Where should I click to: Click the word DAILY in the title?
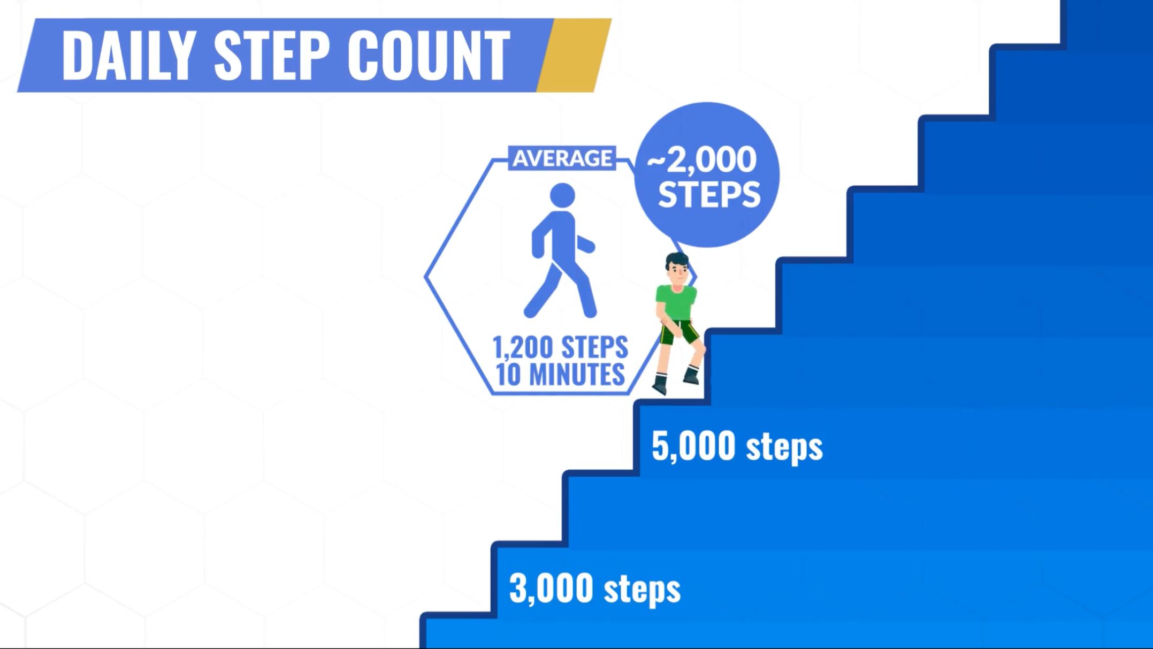pos(127,55)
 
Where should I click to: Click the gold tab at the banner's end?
pos(574,55)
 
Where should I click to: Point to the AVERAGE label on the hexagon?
pos(562,158)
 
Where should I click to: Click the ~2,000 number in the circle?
pos(701,159)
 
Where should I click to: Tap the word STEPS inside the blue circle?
pos(709,194)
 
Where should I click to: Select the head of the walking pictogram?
pos(562,195)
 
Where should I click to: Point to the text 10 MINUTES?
pos(560,374)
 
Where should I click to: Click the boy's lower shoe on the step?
pos(659,385)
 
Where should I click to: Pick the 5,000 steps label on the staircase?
pos(737,447)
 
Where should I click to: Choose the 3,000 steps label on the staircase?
pos(594,589)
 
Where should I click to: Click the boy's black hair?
pos(677,262)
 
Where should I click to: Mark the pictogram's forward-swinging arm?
pos(584,243)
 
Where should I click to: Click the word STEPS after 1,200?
pos(595,348)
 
